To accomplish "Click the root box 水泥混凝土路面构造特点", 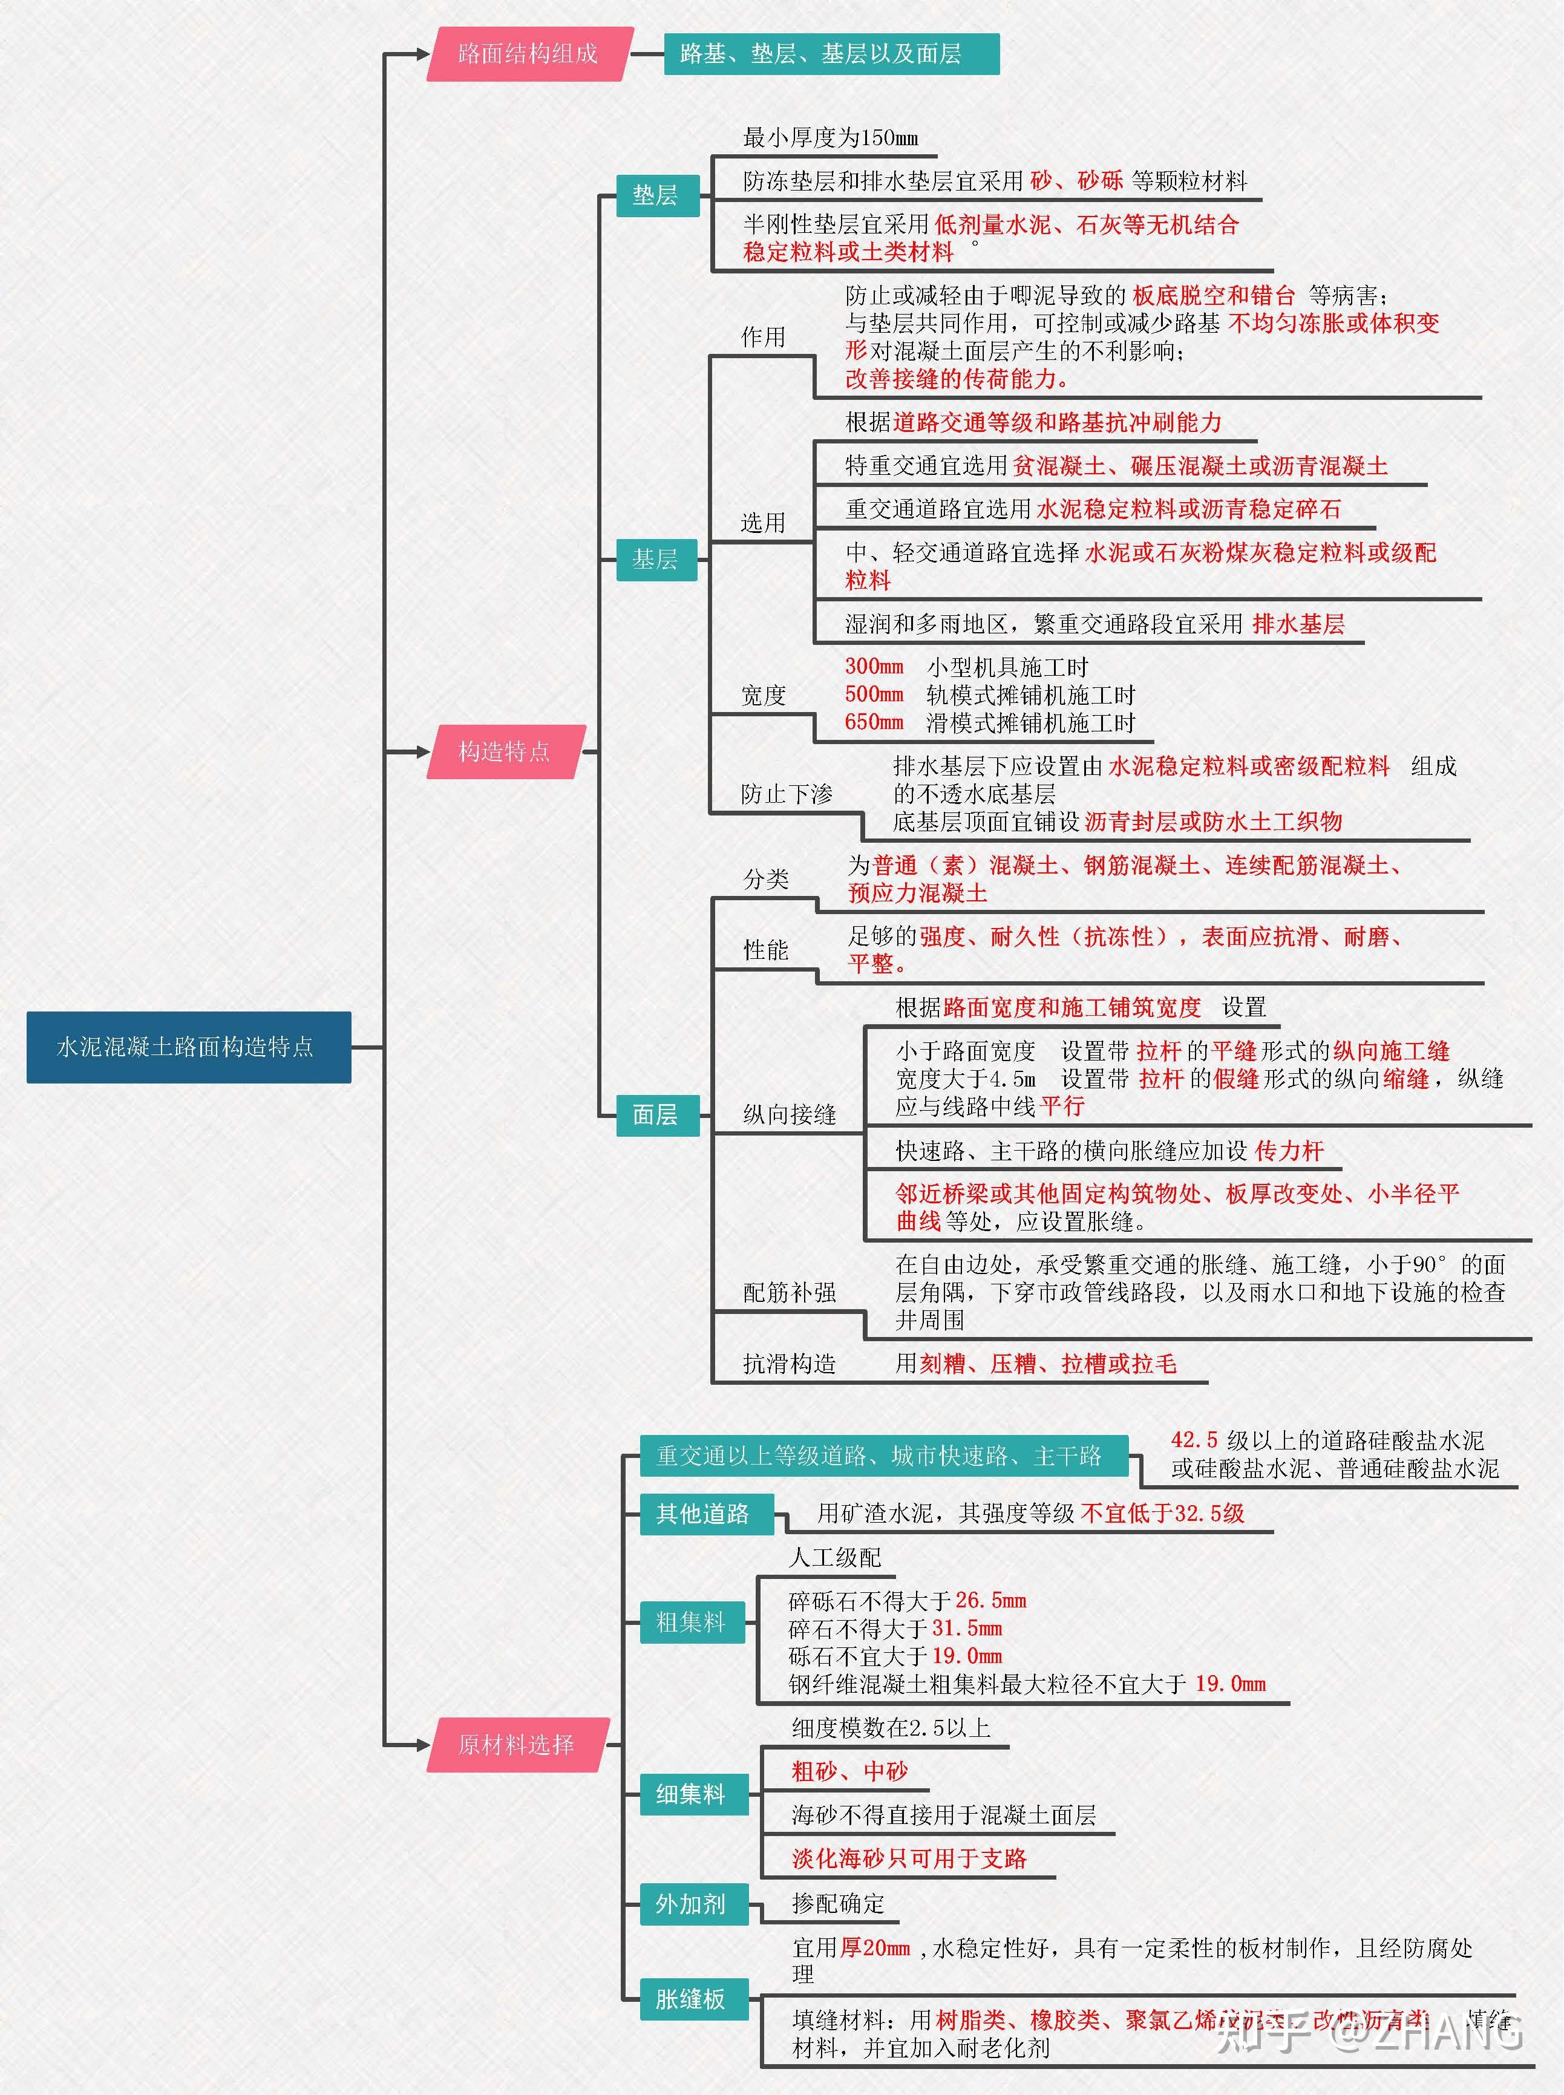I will pyautogui.click(x=188, y=1047).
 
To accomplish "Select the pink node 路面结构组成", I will pyautogui.click(x=528, y=54).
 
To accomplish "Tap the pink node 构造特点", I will pyautogui.click(x=505, y=751).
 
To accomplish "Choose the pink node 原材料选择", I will pyautogui.click(x=517, y=1744).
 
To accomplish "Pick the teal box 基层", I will pyautogui.click(x=655, y=560).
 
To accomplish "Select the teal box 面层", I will pyautogui.click(x=655, y=1114).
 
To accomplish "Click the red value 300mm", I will pyautogui.click(x=874, y=667).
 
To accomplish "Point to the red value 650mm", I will pyautogui.click(x=874, y=722).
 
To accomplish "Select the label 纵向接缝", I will pyautogui.click(x=790, y=1114).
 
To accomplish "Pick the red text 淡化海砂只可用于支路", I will pyautogui.click(x=909, y=1858).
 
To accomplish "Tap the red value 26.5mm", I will pyautogui.click(x=990, y=1600).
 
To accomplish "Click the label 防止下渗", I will pyautogui.click(x=787, y=794).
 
